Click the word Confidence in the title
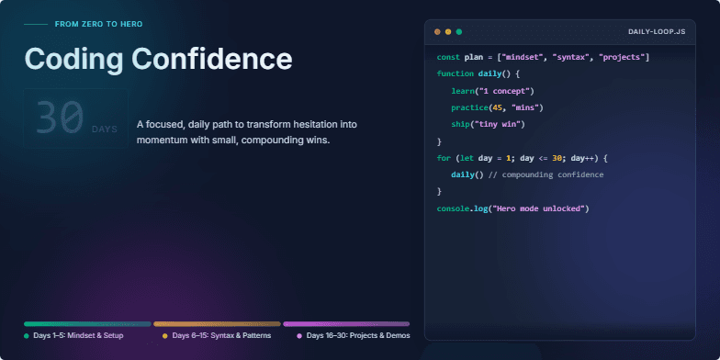click(x=212, y=59)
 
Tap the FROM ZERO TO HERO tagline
click(x=98, y=24)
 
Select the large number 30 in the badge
click(x=60, y=118)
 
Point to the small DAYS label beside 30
click(x=105, y=129)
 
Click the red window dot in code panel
click(x=437, y=32)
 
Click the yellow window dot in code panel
click(x=448, y=32)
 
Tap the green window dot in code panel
click(x=459, y=32)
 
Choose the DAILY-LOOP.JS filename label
click(x=656, y=32)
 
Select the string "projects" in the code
click(x=624, y=58)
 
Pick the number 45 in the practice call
click(x=499, y=107)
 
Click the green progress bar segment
click(x=87, y=323)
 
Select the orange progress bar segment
click(x=217, y=323)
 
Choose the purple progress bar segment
click(x=346, y=323)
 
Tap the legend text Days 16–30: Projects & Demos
click(x=358, y=336)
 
